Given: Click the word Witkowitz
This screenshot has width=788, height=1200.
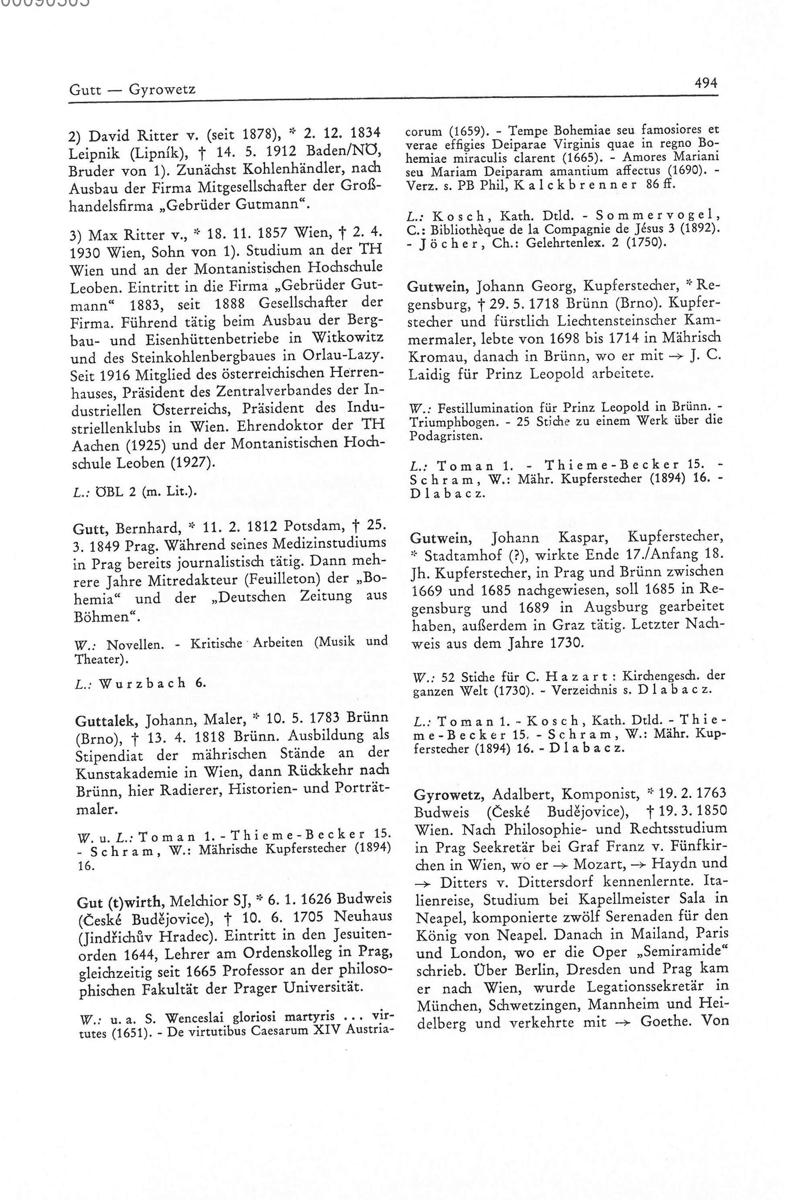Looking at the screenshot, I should pyautogui.click(x=348, y=337).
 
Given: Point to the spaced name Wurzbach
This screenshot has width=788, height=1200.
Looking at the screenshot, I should pyautogui.click(x=143, y=684).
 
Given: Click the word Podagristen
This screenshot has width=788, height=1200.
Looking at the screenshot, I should pyautogui.click(x=438, y=436).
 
